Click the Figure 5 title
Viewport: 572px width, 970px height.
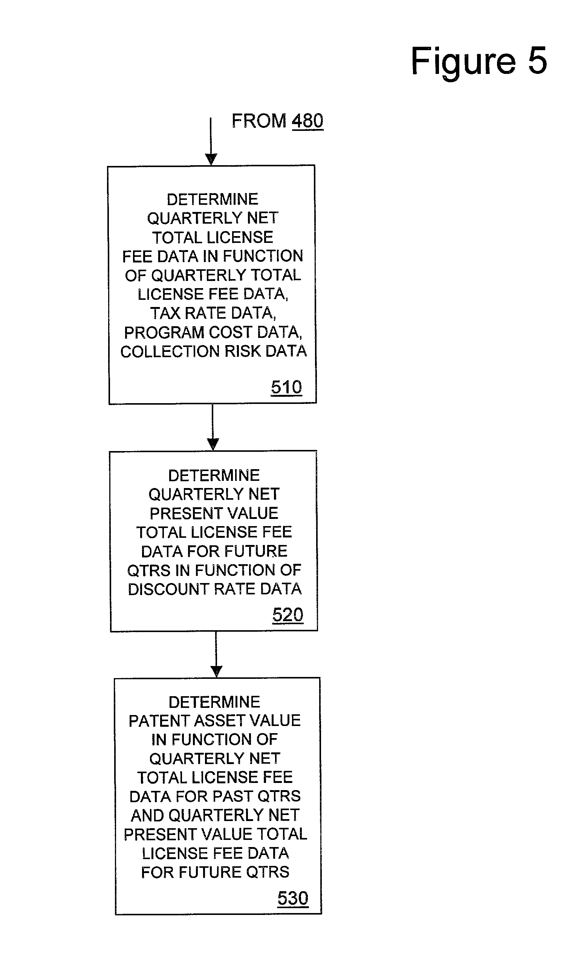pos(479,61)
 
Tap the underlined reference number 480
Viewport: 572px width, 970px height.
pos(307,121)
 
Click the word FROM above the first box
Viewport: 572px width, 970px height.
pos(258,121)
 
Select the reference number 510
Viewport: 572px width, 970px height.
pos(286,387)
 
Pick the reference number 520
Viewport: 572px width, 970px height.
pos(288,615)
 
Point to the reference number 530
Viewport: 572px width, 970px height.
pos(293,898)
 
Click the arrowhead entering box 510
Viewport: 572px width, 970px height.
pos(211,159)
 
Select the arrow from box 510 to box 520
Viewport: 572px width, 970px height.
pos(213,427)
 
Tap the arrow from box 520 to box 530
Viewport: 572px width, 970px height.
pos(216,654)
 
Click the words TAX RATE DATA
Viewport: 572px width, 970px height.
pos(213,313)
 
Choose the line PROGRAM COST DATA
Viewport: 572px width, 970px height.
pos(213,333)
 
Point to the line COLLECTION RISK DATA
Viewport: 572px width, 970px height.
pos(214,351)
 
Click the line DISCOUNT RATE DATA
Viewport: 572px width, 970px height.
pos(215,589)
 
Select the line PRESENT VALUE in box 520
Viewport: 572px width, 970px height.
pos(214,513)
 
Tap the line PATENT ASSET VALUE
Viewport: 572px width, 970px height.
pos(215,721)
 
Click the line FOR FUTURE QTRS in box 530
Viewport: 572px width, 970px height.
pos(215,872)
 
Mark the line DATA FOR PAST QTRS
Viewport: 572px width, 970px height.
pos(215,797)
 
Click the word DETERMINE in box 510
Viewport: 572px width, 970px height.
pos(213,200)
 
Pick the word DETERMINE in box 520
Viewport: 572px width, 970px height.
pos(214,476)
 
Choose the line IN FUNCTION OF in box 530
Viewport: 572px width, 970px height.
pos(214,740)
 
